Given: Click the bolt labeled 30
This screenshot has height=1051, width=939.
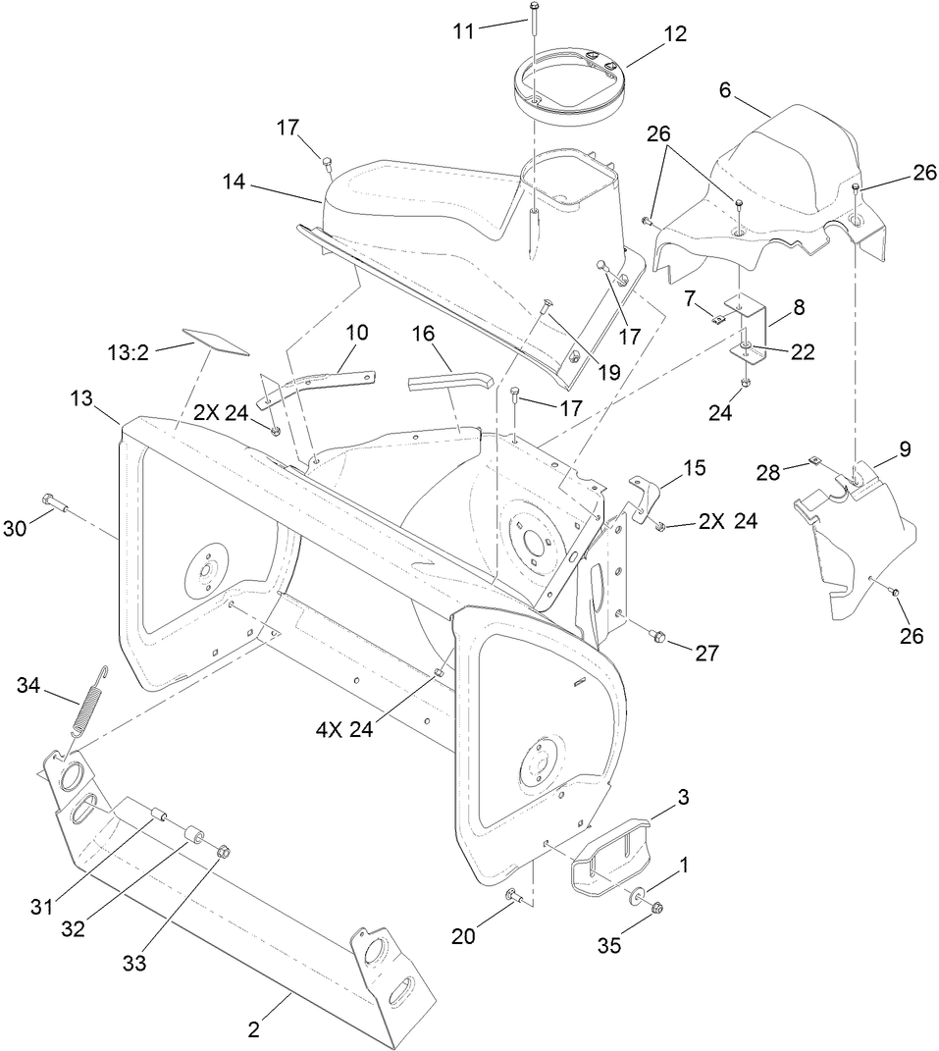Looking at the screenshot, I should (53, 505).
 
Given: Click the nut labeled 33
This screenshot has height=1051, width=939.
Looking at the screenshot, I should (223, 851).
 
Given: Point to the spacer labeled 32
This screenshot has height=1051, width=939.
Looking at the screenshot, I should (192, 836).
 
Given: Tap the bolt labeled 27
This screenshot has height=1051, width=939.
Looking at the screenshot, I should (657, 638).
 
